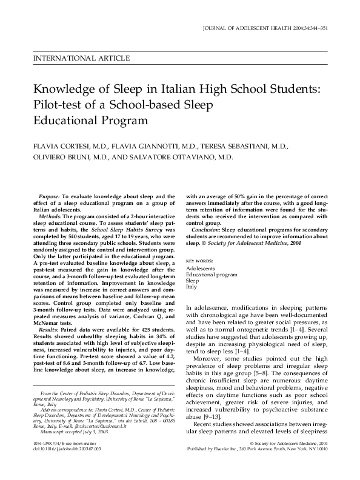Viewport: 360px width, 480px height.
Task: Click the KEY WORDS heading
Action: (x=199, y=260)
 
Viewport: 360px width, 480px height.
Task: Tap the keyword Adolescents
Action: (x=200, y=268)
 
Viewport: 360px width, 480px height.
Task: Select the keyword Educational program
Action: (x=211, y=275)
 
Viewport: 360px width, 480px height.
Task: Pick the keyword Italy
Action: (x=191, y=287)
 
